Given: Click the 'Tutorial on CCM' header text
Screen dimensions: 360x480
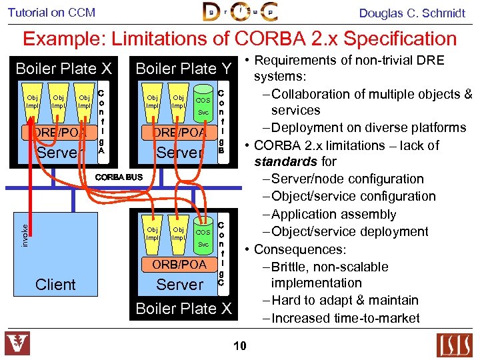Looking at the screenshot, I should pos(51,12).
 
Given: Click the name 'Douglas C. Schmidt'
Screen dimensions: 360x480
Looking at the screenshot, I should pos(412,13).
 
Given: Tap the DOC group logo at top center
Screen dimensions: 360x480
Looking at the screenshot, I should pos(240,12).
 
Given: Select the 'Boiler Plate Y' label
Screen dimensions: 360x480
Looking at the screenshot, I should pos(183,69).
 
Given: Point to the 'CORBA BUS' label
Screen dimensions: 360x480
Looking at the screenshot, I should pos(119,177).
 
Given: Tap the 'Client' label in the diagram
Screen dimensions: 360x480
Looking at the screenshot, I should pos(55,285).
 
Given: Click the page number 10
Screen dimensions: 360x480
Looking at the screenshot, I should pos(240,345).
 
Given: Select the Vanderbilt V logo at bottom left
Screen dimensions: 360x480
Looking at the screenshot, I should pos(17,343).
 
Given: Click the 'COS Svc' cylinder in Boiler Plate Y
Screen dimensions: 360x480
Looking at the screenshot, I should pos(202,106).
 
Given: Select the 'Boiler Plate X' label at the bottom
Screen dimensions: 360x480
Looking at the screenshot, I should pos(183,309).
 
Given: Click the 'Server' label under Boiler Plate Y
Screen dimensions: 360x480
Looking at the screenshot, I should pos(179,152).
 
